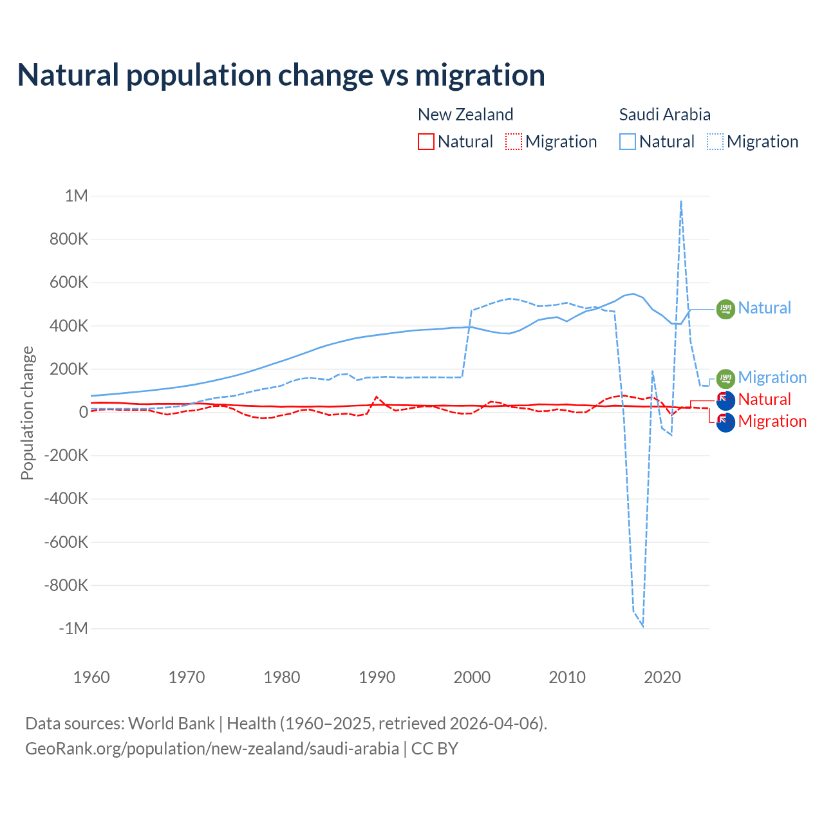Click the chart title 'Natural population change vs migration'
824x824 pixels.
tap(281, 75)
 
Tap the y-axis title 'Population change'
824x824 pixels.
tap(27, 413)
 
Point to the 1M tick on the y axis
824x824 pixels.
tap(77, 196)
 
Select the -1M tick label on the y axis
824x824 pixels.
tap(73, 628)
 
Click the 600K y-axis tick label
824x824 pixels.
tap(66, 283)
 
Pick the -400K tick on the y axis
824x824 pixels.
tap(66, 498)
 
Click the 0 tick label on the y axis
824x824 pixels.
tap(83, 412)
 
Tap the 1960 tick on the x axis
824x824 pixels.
tap(91, 677)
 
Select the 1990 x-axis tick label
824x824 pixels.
tap(377, 677)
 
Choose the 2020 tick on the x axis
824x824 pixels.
tap(662, 677)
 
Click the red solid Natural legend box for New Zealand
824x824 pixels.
tap(426, 142)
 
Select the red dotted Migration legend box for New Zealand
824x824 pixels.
tap(514, 142)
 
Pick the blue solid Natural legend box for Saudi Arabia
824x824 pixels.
tap(628, 142)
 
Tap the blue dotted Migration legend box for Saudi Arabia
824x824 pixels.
tap(715, 142)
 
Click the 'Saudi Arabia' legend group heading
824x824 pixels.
tap(664, 115)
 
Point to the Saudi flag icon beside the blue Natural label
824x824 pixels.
tap(726, 309)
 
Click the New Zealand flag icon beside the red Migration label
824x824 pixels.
tap(726, 423)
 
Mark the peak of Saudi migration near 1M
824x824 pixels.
tap(681, 201)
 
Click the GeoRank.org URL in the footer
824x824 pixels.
tap(212, 749)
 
